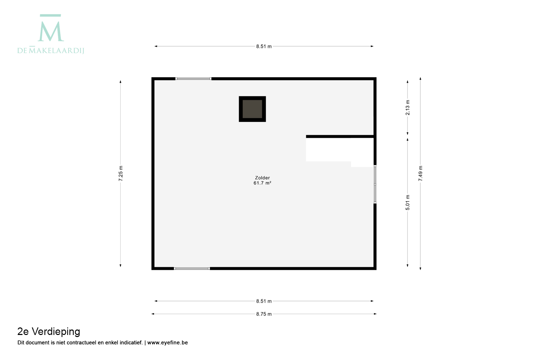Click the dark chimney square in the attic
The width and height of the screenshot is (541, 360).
[x=252, y=109]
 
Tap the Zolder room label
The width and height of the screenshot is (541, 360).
[x=262, y=178]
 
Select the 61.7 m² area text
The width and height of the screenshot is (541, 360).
[x=262, y=183]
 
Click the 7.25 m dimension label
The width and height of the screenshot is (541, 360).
[x=121, y=173]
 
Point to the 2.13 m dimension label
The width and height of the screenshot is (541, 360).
[x=408, y=108]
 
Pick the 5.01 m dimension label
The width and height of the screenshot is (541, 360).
[x=408, y=203]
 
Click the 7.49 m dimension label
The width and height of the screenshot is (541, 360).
[x=420, y=173]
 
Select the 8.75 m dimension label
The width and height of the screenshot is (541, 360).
[x=264, y=314]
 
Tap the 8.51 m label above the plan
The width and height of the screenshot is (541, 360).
[x=264, y=46]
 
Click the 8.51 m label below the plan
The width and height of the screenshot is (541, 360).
[x=264, y=301]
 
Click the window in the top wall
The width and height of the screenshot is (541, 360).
[x=193, y=79]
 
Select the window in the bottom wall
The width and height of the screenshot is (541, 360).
[x=192, y=268]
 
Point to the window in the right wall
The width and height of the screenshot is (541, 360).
[x=375, y=184]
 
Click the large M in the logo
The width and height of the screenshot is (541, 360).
[x=51, y=32]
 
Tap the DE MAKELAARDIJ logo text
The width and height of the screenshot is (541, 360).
[x=51, y=50]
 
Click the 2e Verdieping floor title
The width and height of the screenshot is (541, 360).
[x=49, y=332]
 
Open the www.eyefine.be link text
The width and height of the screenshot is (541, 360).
[x=168, y=343]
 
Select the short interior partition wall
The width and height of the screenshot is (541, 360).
[x=340, y=136]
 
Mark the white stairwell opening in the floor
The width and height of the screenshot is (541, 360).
[x=338, y=150]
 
